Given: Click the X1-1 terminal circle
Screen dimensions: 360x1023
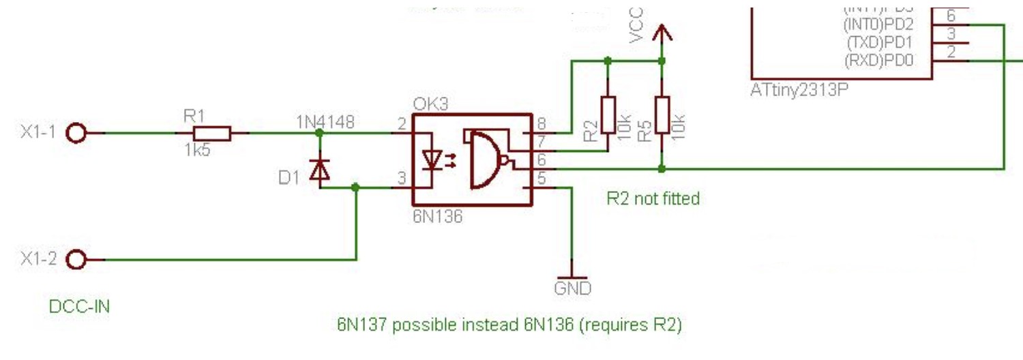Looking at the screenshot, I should pyautogui.click(x=77, y=134).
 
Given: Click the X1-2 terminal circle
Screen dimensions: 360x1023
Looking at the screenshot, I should pyautogui.click(x=77, y=260).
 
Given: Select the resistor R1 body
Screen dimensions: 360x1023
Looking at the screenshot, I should pyautogui.click(x=212, y=134).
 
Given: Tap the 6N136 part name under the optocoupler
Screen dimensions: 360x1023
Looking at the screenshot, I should pyautogui.click(x=437, y=217).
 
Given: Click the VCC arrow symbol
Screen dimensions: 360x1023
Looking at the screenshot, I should pyautogui.click(x=661, y=33).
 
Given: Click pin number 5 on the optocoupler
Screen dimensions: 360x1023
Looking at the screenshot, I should pyautogui.click(x=542, y=181).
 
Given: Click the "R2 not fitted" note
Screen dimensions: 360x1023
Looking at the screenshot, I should pyautogui.click(x=653, y=198).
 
